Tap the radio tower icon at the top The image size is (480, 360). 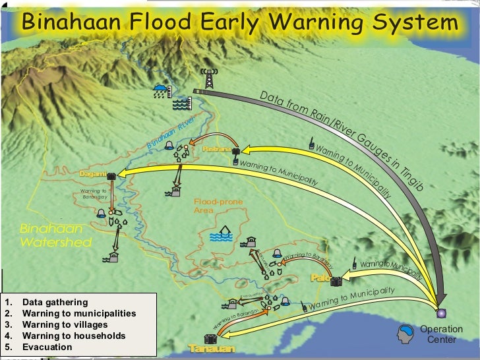click(x=210, y=79)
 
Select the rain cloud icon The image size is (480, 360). click(x=160, y=90)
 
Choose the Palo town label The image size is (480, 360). click(x=320, y=278)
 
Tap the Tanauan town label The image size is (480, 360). click(x=211, y=348)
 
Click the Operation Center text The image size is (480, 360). click(x=441, y=334)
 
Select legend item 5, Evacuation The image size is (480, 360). click(x=45, y=347)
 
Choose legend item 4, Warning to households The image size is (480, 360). click(x=73, y=336)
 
